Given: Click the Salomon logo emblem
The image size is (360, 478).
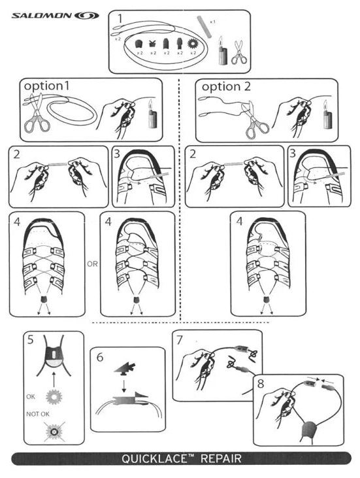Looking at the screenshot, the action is pyautogui.click(x=87, y=15).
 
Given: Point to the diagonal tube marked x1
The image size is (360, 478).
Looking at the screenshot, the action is pyautogui.click(x=204, y=27).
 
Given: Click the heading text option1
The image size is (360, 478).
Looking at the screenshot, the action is pyautogui.click(x=46, y=86).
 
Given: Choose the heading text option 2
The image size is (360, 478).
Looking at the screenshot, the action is pyautogui.click(x=226, y=87).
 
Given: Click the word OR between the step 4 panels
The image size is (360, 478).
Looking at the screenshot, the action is pyautogui.click(x=92, y=264).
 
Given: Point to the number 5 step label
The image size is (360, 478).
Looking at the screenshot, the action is pyautogui.click(x=31, y=339).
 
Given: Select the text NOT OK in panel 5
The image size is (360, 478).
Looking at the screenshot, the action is pyautogui.click(x=38, y=414).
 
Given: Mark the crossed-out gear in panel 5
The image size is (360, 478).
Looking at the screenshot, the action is pyautogui.click(x=54, y=432).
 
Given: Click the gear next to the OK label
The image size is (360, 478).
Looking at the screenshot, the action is pyautogui.click(x=54, y=397).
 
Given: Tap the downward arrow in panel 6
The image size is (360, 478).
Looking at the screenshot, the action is pyautogui.click(x=124, y=386).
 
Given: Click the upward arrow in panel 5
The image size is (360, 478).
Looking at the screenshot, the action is pyautogui.click(x=54, y=379).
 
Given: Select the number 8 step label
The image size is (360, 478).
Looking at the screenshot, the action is pyautogui.click(x=261, y=383).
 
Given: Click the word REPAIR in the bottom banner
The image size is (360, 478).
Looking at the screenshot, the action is pyautogui.click(x=221, y=458).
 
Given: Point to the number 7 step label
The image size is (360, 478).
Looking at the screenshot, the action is pyautogui.click(x=180, y=340).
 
